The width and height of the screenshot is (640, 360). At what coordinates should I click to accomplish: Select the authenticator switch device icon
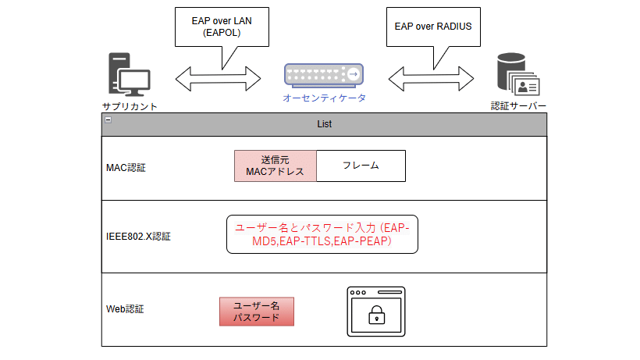[x=324, y=74]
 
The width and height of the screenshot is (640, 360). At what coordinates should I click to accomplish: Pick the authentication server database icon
[x=516, y=76]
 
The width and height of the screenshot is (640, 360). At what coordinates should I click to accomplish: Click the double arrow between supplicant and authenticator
[x=218, y=77]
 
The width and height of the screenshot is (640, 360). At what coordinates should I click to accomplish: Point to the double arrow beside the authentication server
[x=432, y=77]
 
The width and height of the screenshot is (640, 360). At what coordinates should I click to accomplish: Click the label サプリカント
[x=130, y=106]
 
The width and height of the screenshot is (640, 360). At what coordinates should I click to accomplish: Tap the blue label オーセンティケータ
[x=324, y=98]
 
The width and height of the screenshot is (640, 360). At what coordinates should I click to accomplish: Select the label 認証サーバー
[x=518, y=106]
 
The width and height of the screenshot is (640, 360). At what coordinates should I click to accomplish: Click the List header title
[x=325, y=124]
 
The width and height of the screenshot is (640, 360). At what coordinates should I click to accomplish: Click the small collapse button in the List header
[x=108, y=120]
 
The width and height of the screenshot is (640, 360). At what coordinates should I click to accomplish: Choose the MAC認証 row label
[x=126, y=167]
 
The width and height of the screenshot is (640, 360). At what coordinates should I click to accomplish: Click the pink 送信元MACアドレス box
[x=275, y=166]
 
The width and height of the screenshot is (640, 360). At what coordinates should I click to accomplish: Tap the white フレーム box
[x=361, y=166]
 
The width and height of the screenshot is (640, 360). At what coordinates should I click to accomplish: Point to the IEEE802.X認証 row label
[x=138, y=236]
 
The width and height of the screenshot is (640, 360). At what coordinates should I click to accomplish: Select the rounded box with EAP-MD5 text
[x=322, y=234]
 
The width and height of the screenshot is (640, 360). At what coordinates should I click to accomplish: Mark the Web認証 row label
[x=125, y=309]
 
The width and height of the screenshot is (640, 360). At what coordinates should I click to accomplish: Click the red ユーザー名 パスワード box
[x=257, y=312]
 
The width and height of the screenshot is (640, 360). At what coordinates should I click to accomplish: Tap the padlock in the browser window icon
[x=376, y=315]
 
